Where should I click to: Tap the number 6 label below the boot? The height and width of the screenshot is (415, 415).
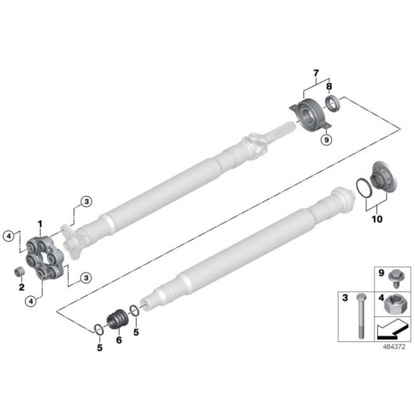click(x=119, y=340)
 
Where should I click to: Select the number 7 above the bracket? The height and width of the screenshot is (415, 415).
click(x=314, y=74)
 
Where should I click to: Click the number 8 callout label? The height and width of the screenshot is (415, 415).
click(x=329, y=87)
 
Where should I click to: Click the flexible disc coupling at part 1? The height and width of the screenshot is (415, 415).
click(x=44, y=254)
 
